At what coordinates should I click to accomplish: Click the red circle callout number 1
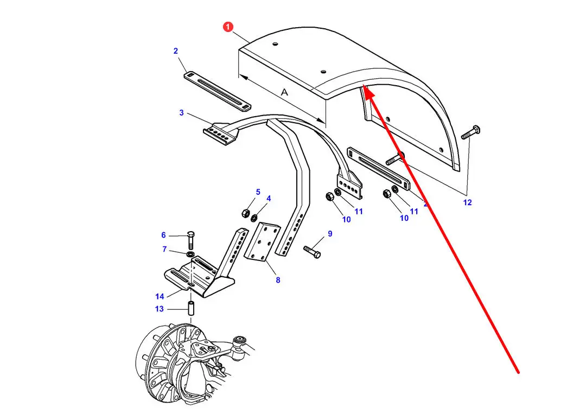tap(228, 27)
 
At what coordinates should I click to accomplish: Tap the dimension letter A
tap(285, 92)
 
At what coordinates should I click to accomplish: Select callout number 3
tap(182, 112)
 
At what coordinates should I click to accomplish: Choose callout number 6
tap(163, 235)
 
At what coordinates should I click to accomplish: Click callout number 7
tap(164, 249)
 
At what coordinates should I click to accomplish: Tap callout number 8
tap(278, 280)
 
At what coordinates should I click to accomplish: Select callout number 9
tap(330, 233)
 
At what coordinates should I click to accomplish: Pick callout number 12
tap(468, 202)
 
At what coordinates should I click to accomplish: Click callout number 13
tap(160, 309)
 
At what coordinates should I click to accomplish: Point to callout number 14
tap(160, 296)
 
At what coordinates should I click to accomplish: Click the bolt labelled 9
tap(312, 252)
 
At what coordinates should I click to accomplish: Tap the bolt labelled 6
tap(190, 240)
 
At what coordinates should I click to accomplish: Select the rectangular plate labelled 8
tap(263, 241)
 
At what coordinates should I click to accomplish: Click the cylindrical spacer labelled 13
tap(190, 308)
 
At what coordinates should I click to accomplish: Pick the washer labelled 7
tap(190, 254)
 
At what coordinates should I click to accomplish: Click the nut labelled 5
tap(246, 213)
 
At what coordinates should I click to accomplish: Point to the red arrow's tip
tap(364, 85)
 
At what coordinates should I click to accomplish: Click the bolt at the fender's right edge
tap(470, 132)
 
